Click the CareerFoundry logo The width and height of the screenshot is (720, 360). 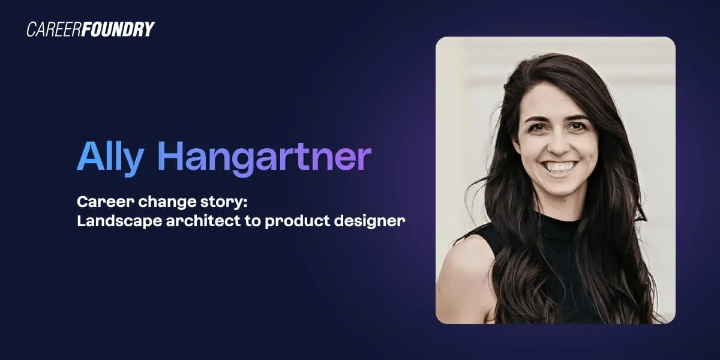[91, 29]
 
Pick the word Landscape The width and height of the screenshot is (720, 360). [112, 221]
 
